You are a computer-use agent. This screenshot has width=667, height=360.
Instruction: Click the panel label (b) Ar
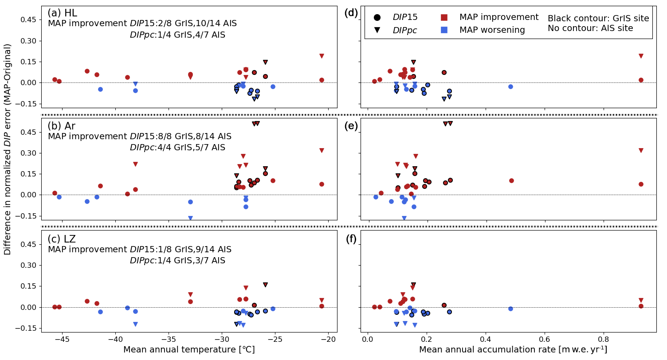point(61,126)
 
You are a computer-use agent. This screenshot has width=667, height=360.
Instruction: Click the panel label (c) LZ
point(61,239)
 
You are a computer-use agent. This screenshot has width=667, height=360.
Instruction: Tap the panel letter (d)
point(351,13)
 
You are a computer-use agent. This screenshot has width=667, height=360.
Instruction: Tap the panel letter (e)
point(351,126)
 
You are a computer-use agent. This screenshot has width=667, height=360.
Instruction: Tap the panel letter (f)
point(351,239)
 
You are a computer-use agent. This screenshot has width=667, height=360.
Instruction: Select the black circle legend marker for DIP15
point(377,18)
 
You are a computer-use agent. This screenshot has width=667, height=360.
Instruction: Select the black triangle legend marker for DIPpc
point(377,30)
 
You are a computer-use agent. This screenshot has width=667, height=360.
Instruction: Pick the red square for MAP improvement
point(444,17)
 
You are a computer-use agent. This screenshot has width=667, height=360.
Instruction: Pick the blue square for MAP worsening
point(444,30)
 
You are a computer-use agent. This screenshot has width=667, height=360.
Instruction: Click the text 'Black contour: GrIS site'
point(598,19)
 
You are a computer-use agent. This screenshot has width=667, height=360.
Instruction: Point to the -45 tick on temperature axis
point(62,340)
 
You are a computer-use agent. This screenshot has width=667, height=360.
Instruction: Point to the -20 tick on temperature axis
point(328,340)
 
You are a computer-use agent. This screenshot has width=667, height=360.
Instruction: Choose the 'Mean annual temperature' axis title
point(189,350)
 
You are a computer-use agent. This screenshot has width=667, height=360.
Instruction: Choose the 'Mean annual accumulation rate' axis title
point(513,350)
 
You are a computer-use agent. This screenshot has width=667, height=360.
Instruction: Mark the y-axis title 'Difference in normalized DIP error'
point(8,149)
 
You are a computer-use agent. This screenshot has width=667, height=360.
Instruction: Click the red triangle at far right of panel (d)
point(641,56)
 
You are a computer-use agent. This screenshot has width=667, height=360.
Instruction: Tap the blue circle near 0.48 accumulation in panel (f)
point(510,309)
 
